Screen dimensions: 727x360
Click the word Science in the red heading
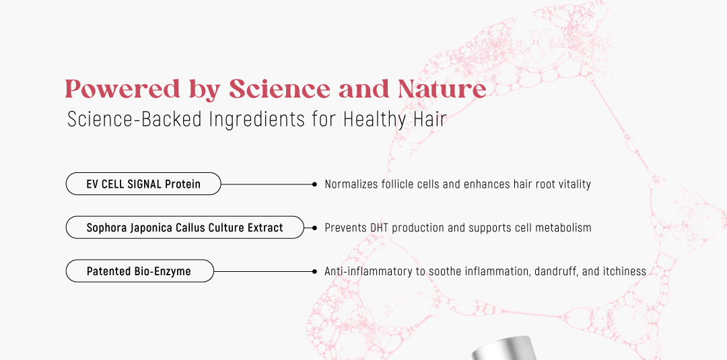click(x=279, y=89)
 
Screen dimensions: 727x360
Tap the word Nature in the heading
click(x=442, y=89)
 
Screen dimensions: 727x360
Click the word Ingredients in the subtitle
click(x=257, y=120)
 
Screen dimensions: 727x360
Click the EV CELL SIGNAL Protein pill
click(x=143, y=184)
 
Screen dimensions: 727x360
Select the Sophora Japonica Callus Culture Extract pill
click(x=185, y=227)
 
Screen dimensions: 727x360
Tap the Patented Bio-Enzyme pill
click(x=139, y=271)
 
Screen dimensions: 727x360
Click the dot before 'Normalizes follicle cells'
click(x=314, y=184)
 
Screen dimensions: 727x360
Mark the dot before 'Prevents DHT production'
click(x=314, y=228)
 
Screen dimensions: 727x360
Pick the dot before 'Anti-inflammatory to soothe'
click(x=314, y=271)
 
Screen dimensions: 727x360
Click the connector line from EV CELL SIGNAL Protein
click(x=267, y=184)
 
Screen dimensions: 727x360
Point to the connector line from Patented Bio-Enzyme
click(x=263, y=271)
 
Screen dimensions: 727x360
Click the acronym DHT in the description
click(x=380, y=227)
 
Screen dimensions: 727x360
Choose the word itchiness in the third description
click(x=625, y=271)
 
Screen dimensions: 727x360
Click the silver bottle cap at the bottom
click(x=504, y=349)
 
